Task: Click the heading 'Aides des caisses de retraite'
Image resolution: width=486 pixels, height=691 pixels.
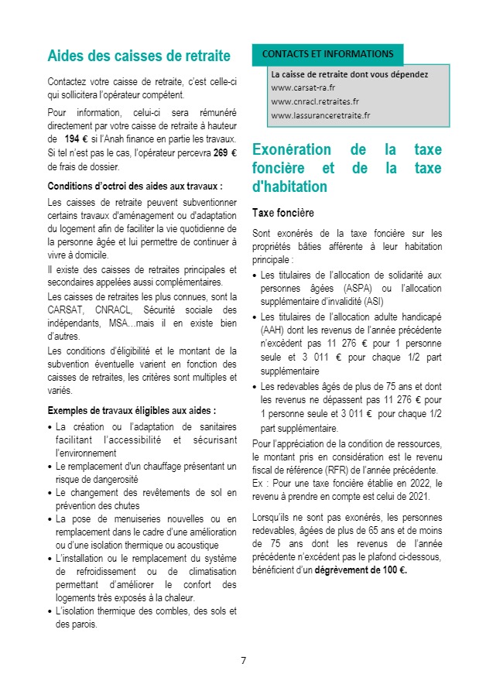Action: point(139,56)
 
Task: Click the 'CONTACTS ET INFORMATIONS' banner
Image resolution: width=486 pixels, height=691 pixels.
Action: point(327,54)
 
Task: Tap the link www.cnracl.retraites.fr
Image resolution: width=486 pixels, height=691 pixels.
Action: point(315,102)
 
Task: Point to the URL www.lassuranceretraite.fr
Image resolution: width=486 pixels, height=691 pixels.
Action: point(320,116)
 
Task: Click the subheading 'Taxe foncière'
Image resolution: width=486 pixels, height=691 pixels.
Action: point(283,212)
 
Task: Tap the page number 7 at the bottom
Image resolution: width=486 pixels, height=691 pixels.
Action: point(243,660)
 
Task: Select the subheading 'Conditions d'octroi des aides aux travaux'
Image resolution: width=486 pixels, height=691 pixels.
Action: point(135,186)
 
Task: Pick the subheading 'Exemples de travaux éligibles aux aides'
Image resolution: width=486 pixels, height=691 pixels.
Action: point(132,410)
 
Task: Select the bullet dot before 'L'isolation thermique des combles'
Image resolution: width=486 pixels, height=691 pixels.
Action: point(50,611)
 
